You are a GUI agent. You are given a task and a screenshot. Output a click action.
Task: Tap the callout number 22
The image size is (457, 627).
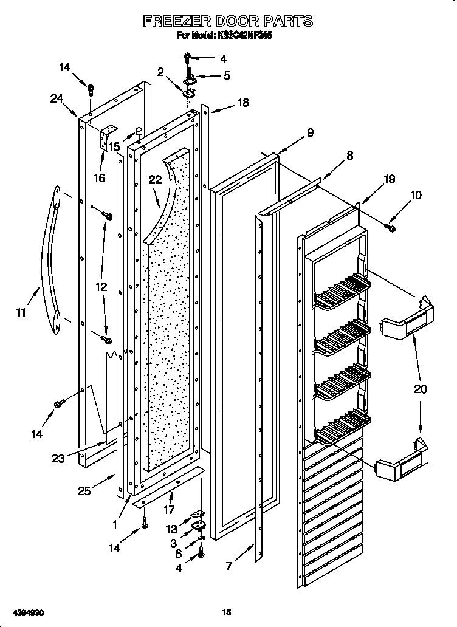156,180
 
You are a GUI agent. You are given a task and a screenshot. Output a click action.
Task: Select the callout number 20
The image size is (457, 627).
421,389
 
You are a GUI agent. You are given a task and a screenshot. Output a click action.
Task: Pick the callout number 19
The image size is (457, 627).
389,179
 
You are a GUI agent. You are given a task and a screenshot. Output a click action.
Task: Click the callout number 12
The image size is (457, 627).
101,286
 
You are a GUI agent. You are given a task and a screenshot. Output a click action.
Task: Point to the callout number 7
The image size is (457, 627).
228,566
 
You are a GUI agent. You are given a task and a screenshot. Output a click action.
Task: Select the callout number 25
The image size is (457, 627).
84,491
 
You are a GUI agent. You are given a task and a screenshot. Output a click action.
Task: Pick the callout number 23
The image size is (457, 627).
58,459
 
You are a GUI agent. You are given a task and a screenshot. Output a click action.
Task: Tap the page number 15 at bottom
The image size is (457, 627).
226,613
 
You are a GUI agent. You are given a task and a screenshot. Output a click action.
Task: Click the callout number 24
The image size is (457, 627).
58,100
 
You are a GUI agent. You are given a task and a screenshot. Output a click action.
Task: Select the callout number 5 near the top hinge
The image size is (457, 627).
227,76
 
